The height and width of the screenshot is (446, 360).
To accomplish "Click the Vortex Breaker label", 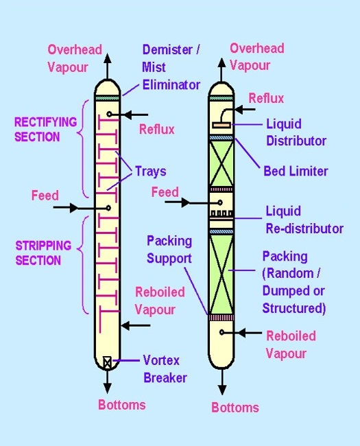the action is [165, 369].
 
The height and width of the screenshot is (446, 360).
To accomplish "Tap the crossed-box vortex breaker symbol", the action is [107, 363].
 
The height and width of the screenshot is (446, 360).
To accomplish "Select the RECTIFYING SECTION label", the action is [45, 130].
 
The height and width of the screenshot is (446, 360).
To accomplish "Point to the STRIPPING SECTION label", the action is [43, 253].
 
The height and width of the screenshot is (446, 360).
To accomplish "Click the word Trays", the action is [150, 172].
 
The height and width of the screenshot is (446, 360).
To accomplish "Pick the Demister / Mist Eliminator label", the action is [171, 67].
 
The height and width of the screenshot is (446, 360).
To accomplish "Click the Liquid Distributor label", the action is [296, 132].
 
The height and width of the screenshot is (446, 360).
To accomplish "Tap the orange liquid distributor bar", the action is [221, 125].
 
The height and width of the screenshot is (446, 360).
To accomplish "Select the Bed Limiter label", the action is [296, 172].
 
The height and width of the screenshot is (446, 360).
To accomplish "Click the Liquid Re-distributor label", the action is [304, 220].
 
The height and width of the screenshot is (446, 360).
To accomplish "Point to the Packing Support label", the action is [169, 250].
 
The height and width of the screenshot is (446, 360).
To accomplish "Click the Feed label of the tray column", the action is [45, 196].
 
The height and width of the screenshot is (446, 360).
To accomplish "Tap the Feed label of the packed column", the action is [165, 192].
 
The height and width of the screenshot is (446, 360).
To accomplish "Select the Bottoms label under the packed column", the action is [235, 408].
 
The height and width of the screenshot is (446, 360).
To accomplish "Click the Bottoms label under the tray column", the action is [121, 405].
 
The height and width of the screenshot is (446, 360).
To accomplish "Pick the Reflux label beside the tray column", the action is [156, 130].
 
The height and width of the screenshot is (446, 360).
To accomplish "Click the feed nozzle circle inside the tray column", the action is [108, 208].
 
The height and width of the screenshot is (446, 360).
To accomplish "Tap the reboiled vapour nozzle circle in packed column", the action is [221, 332].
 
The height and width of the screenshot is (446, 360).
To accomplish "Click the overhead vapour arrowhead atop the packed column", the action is [221, 62].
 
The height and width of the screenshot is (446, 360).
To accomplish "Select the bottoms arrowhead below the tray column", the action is [107, 388].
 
